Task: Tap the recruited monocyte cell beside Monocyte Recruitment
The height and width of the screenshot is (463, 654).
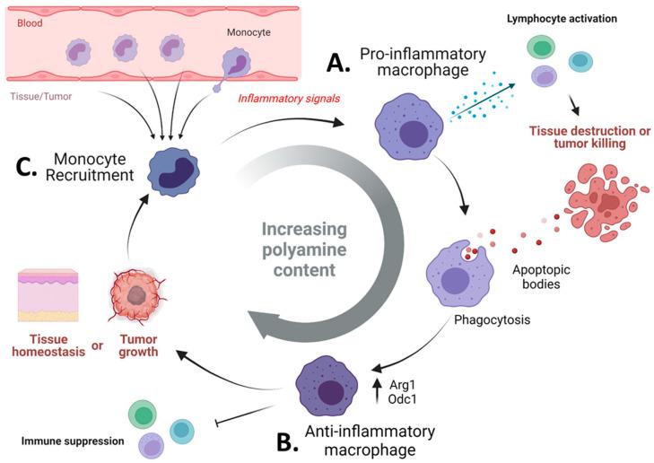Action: [173, 171]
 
